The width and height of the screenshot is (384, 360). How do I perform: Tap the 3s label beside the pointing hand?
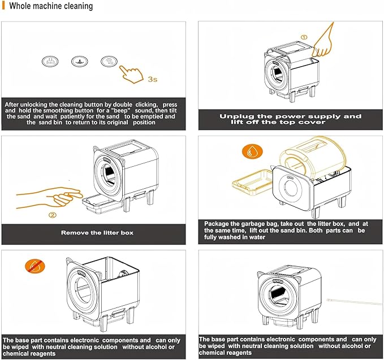152,79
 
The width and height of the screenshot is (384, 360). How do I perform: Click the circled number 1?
304,37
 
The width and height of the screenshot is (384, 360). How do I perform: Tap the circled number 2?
52,215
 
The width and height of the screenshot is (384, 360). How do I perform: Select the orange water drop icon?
249,151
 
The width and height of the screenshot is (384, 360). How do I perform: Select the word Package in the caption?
219,223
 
